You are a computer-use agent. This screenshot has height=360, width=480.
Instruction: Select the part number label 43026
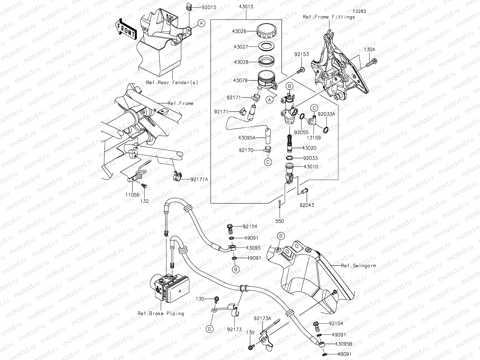tap(239, 31)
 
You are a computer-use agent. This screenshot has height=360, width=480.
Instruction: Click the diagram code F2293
tap(359, 11)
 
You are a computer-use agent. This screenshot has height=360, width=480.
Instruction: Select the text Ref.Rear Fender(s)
tap(172, 82)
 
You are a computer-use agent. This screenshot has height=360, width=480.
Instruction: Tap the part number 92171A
tap(199, 179)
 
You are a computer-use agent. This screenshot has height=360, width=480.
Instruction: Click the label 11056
tap(132, 195)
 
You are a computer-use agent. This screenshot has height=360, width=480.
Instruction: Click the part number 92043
tap(307, 205)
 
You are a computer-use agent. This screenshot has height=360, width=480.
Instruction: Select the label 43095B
tap(344, 344)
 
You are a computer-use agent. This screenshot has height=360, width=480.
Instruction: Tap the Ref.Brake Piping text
tap(161, 313)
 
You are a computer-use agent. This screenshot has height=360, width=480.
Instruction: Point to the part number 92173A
tap(262, 318)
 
